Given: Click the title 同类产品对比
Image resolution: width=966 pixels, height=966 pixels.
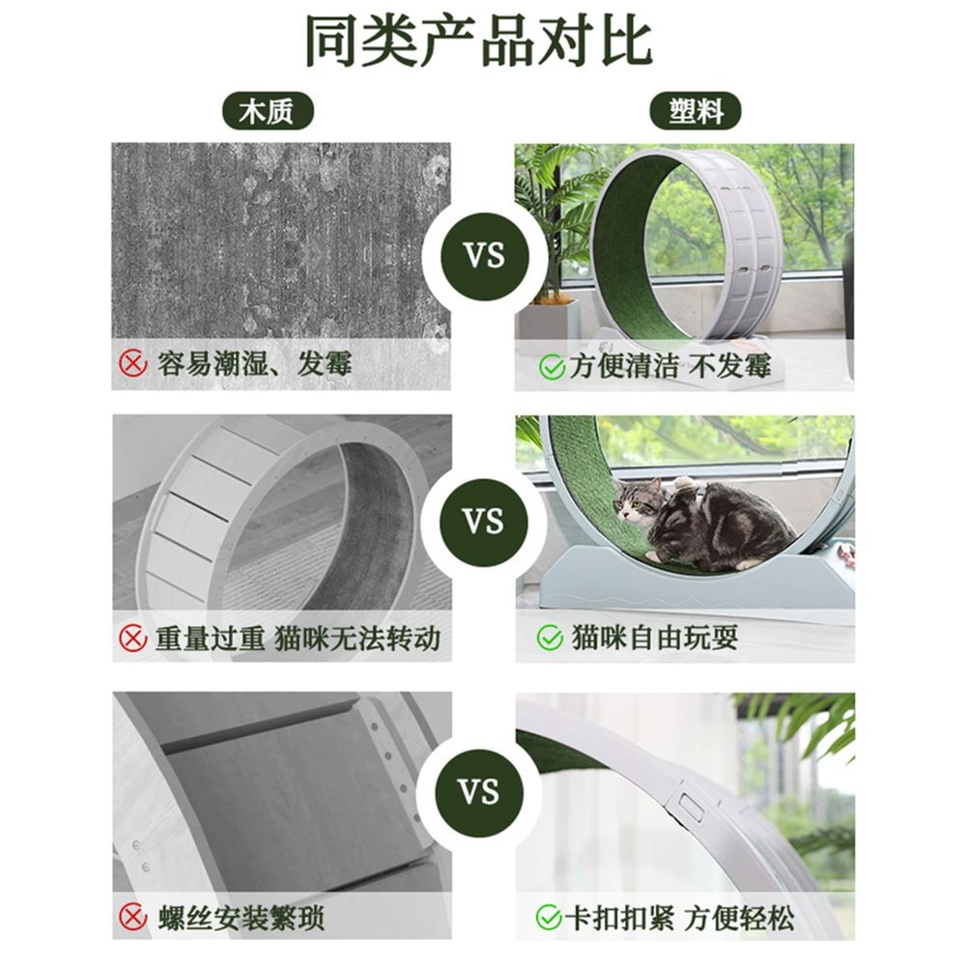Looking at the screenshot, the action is coord(479,42).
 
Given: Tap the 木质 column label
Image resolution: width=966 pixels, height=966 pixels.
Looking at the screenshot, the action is coord(268,111).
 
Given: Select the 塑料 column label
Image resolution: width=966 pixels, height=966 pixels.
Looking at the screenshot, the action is coord(696,111).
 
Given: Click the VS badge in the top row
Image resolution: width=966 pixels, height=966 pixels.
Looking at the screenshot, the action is coord(484,256).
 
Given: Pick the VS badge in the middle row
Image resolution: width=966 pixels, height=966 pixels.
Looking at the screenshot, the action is coord(484,523).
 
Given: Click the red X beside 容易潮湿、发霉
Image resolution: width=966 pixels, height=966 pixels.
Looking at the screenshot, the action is coord(132,363).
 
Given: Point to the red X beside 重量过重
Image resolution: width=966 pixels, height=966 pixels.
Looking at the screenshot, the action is coord(132,638).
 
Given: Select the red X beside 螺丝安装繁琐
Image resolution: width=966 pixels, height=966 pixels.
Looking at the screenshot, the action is coord(132,917).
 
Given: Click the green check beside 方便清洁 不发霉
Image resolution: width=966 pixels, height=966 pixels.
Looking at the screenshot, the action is coord(552,366).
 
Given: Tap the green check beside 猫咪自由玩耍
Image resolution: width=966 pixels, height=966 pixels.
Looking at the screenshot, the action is coord(550,638).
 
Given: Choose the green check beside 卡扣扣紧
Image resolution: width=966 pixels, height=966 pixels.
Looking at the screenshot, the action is coord(549,917).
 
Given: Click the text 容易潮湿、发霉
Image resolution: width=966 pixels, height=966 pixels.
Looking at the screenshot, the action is coord(254,363).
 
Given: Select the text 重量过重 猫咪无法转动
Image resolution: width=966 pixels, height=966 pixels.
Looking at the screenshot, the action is coord(298,638).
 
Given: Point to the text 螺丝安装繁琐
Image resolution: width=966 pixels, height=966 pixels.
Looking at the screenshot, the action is coord(241,918).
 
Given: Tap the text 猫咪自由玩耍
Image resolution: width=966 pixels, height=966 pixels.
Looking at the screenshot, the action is coord(654,637).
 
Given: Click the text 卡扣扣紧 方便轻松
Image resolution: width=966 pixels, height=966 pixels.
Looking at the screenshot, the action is coord(679,918).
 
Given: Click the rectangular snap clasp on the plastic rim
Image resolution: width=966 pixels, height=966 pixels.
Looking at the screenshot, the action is coord(690,808).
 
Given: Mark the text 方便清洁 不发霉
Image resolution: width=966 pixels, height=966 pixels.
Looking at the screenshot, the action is coord(669,366).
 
